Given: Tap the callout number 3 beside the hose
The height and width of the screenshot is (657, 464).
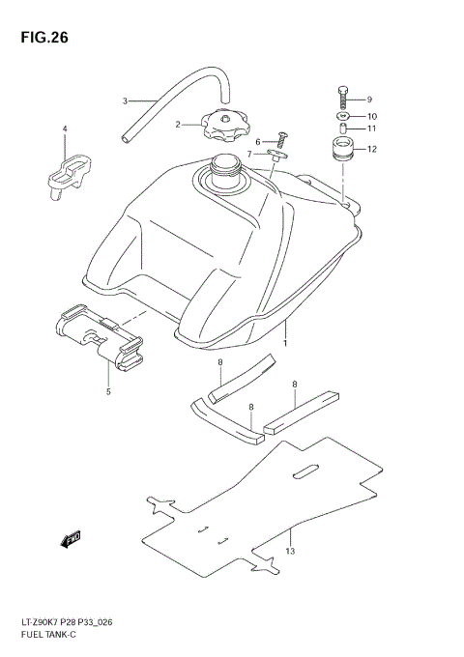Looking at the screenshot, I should point(124,100).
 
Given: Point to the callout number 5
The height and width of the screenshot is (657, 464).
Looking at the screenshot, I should point(108,391).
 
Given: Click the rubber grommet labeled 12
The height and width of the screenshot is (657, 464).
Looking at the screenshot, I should point(343,150).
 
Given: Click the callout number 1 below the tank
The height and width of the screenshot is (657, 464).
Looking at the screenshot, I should point(285,343).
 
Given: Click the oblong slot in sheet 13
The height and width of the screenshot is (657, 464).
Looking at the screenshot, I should point(306,472).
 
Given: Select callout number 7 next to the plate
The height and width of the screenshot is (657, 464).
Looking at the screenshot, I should point(248,154).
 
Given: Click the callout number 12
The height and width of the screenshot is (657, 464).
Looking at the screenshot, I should point(371,149).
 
